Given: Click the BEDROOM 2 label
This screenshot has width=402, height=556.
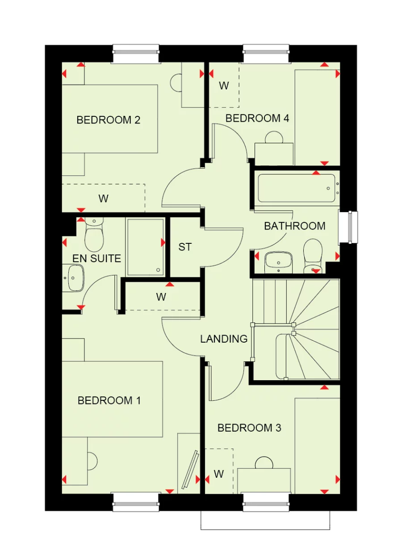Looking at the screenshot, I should tap(109, 120).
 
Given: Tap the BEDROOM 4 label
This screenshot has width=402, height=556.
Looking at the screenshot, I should tap(257, 118).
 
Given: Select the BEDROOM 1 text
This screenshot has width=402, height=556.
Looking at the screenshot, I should tap(109, 400).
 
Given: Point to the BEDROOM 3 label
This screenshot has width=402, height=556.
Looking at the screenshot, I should tap(249, 428).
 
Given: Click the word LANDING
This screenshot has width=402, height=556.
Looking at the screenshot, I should tap(224, 339).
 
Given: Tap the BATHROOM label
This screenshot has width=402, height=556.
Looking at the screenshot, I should tap(295, 226).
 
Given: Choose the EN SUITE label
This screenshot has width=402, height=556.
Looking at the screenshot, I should tap(96, 258).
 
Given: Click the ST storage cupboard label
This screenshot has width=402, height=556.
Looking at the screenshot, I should tap(185, 246).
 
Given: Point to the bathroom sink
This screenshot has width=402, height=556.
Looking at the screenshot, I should tap(278, 262).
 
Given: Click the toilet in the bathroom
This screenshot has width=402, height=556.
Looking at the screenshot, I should tap(313, 255).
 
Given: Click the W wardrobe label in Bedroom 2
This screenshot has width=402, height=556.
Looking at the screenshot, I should tap(104, 198).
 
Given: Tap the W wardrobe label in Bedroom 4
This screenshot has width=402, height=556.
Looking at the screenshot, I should tap(224, 85).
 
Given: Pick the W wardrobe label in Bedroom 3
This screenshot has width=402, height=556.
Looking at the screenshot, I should tap(218, 474).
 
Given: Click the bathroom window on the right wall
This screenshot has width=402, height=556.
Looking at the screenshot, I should tap(348, 227).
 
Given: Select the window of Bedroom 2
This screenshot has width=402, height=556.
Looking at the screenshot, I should tap(136, 54).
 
